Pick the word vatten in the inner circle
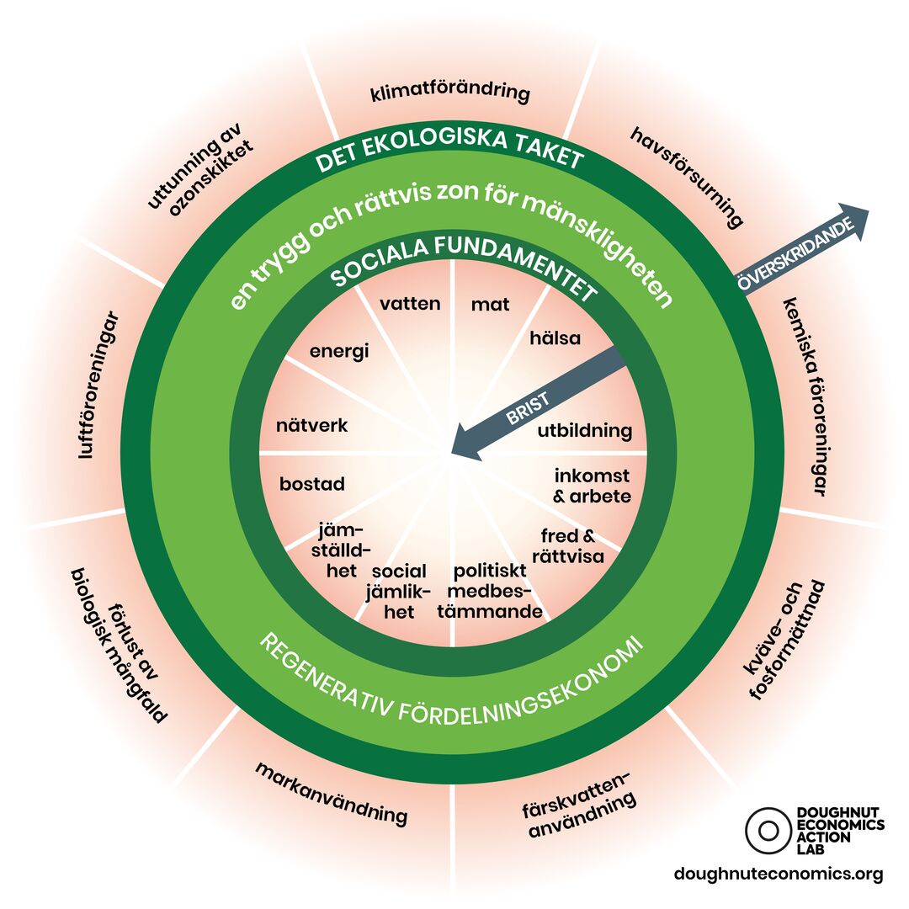410,304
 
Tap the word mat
490,305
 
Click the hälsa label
555,338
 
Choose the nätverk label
311,426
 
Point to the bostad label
312,485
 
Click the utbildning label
584,432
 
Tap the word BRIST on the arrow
528,410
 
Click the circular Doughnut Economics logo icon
768,830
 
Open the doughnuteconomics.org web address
779,874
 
